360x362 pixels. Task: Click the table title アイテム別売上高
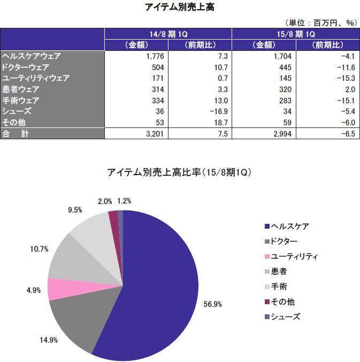pos(179,7)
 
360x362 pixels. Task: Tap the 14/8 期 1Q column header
pos(168,33)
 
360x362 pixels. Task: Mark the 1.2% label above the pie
pos(124,201)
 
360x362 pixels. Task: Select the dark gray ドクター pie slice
pos(75,321)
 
